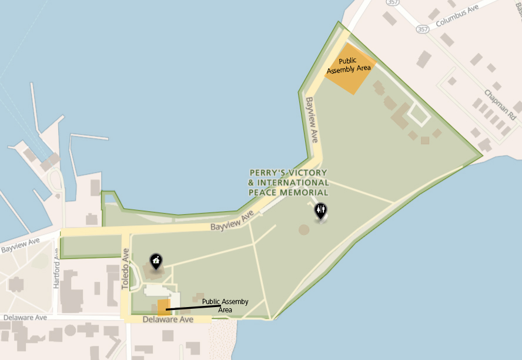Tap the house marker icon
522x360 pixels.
[x=156, y=260]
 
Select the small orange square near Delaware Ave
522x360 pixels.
[x=164, y=307]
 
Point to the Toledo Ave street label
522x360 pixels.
[x=125, y=268]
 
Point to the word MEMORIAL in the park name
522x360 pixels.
[x=306, y=192]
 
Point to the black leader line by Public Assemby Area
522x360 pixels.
[x=194, y=306]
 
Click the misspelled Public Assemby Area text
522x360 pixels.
[x=225, y=305]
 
